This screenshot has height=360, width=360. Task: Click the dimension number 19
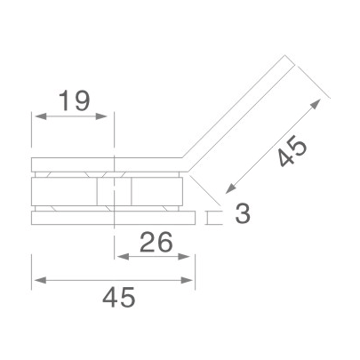point(74,100)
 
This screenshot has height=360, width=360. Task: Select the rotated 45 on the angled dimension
point(292,153)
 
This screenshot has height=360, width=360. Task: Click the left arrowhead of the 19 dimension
point(36,116)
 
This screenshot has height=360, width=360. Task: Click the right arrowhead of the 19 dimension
point(110,116)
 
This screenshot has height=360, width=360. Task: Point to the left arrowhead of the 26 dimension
point(120,256)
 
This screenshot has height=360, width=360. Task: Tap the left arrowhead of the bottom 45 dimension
point(36,281)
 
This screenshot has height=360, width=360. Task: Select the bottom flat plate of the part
point(113,218)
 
